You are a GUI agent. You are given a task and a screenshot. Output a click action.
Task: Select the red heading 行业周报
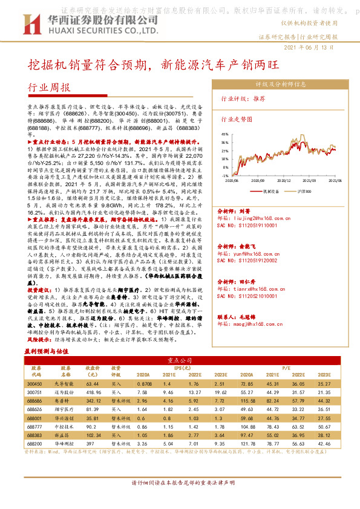50,87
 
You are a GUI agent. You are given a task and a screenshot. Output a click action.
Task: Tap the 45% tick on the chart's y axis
224,134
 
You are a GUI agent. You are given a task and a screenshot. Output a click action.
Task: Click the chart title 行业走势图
236,120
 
